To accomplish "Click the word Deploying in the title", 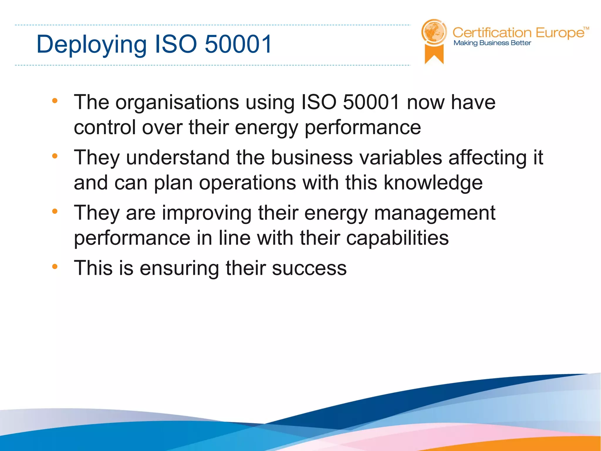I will (91, 45).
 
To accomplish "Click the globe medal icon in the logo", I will (434, 32).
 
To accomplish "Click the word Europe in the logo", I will (560, 33).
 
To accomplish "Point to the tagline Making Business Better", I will (492, 43).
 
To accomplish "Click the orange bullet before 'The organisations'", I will (55, 101).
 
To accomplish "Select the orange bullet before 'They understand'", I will (55, 156).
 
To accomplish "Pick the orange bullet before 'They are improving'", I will (55, 211).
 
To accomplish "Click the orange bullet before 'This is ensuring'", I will (55, 267).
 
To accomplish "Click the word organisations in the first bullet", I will (177, 102).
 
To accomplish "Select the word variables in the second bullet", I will (401, 158).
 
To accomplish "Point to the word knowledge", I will (433, 183).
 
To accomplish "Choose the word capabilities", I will (397, 238).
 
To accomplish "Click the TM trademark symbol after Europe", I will (586, 28).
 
